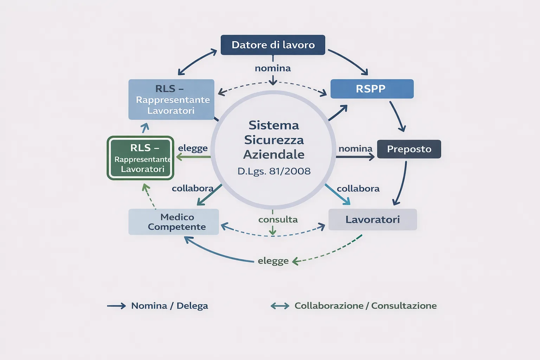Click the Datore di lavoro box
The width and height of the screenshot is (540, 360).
coord(273,45)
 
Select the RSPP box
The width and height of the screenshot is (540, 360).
coord(372,89)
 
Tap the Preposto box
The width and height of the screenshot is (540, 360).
coord(409,149)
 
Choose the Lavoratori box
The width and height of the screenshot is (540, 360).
coord(373,220)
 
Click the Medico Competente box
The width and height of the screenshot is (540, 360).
coord(174,222)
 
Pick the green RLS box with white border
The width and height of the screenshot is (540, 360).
coord(141,158)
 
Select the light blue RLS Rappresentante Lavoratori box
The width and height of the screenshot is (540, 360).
coord(171,99)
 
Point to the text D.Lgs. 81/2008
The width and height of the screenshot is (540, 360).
coord(274,171)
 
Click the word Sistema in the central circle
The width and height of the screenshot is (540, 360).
coord(274,125)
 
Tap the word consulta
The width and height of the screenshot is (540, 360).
coord(278,220)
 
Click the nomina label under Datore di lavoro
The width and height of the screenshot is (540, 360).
coord(273,68)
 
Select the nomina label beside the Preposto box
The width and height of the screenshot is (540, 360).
coord(355,149)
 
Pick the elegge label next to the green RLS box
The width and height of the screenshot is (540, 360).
coord(193,148)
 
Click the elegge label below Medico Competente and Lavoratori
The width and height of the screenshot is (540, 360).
coord(273,261)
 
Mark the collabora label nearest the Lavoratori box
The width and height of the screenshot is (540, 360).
coord(358,189)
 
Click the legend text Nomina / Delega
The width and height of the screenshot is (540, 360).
coord(169,306)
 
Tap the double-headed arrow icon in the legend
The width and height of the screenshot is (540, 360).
coord(280,306)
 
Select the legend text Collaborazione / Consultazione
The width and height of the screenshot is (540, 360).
coord(365,306)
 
